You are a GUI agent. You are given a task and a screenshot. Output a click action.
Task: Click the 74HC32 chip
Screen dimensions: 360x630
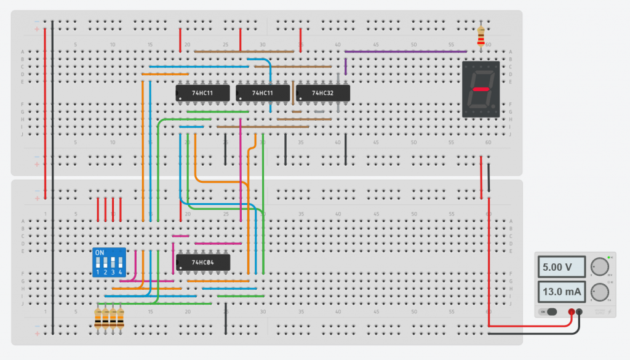coord(323,93)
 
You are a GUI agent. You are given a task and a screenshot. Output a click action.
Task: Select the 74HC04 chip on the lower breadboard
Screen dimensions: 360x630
coord(203,263)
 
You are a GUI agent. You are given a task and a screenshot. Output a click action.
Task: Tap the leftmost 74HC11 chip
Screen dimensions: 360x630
coord(203,93)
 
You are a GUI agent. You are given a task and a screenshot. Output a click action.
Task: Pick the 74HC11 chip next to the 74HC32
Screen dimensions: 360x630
coord(263,93)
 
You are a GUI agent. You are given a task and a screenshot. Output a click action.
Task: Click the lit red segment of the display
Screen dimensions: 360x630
coord(481,89)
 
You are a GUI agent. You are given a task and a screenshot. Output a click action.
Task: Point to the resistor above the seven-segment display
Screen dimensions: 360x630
coord(481,35)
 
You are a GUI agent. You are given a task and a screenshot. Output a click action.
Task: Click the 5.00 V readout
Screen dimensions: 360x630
coord(560,268)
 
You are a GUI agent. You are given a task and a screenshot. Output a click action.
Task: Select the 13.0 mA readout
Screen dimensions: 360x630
coord(560,291)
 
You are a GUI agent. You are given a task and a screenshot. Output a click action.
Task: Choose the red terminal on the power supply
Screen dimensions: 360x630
coord(572,312)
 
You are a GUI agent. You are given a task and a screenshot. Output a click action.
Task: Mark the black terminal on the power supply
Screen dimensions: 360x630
coord(580,312)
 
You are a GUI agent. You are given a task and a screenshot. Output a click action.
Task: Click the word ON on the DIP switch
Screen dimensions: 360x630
coord(100,253)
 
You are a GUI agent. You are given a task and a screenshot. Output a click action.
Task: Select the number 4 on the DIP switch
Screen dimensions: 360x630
coord(121,272)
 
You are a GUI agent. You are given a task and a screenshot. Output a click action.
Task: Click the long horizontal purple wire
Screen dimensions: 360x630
coord(406,52)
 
